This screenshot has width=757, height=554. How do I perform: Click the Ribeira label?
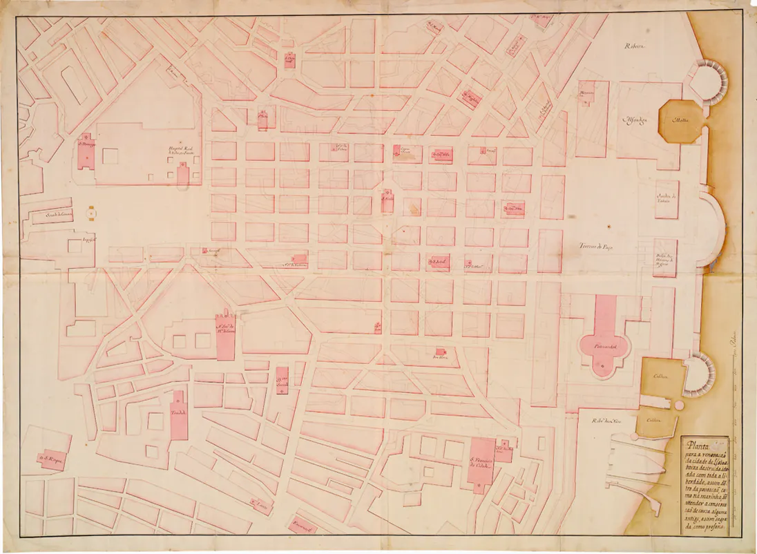pyautogui.click(x=633, y=46)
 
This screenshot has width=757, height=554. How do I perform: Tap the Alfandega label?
pyautogui.click(x=635, y=120)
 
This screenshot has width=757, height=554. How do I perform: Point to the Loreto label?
pyautogui.click(x=261, y=505)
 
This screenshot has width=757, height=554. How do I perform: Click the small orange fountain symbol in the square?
pyautogui.click(x=90, y=215)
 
